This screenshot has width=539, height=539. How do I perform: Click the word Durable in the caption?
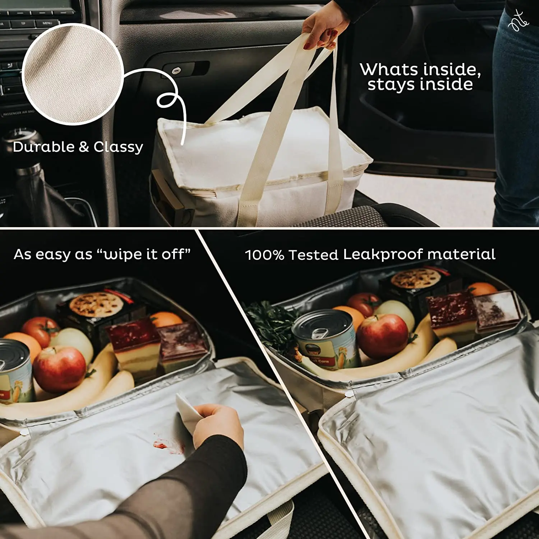click(43, 147)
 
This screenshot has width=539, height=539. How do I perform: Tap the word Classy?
click(118, 147)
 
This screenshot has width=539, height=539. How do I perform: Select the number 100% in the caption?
click(264, 255)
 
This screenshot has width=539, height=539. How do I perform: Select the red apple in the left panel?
click(59, 370)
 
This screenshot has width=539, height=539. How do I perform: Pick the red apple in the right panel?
click(383, 336)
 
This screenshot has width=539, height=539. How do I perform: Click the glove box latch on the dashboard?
click(176, 70)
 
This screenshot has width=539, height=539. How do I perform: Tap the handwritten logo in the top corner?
click(519, 20)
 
